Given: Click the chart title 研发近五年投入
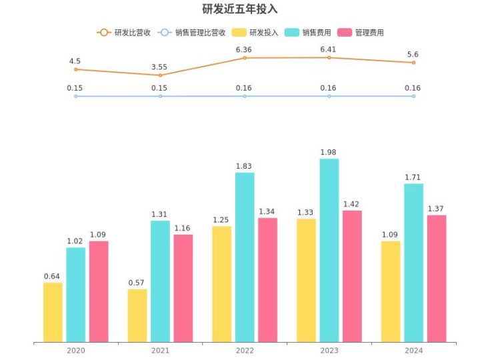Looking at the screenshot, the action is tap(240, 9).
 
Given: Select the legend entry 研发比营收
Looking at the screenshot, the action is tap(124, 33).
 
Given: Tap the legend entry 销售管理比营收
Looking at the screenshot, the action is tap(191, 33).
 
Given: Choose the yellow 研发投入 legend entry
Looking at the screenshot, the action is tap(255, 33).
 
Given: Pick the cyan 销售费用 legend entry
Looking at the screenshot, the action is tap(307, 33).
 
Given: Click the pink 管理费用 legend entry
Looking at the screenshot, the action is tap(361, 33).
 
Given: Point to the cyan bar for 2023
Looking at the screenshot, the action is tap(329, 250).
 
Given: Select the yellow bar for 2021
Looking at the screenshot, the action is tap(137, 315).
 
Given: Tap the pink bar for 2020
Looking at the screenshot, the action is tap(99, 291).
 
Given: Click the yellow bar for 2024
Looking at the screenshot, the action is tap(391, 291).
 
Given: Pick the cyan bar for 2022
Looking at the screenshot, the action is tap(245, 257).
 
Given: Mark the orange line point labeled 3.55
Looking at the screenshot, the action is tap(160, 75).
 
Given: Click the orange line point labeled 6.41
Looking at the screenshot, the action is tap(329, 57).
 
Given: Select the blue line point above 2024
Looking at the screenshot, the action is tap(413, 96).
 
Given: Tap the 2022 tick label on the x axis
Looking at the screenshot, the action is tap(245, 351).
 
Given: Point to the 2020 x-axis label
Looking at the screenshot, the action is tap(76, 351).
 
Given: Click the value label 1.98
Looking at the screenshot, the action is tap(328, 152).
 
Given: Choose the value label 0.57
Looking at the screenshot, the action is tap(136, 283).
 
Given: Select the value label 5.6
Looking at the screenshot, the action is tap(413, 55).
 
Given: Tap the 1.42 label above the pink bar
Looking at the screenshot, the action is tap(351, 204).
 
